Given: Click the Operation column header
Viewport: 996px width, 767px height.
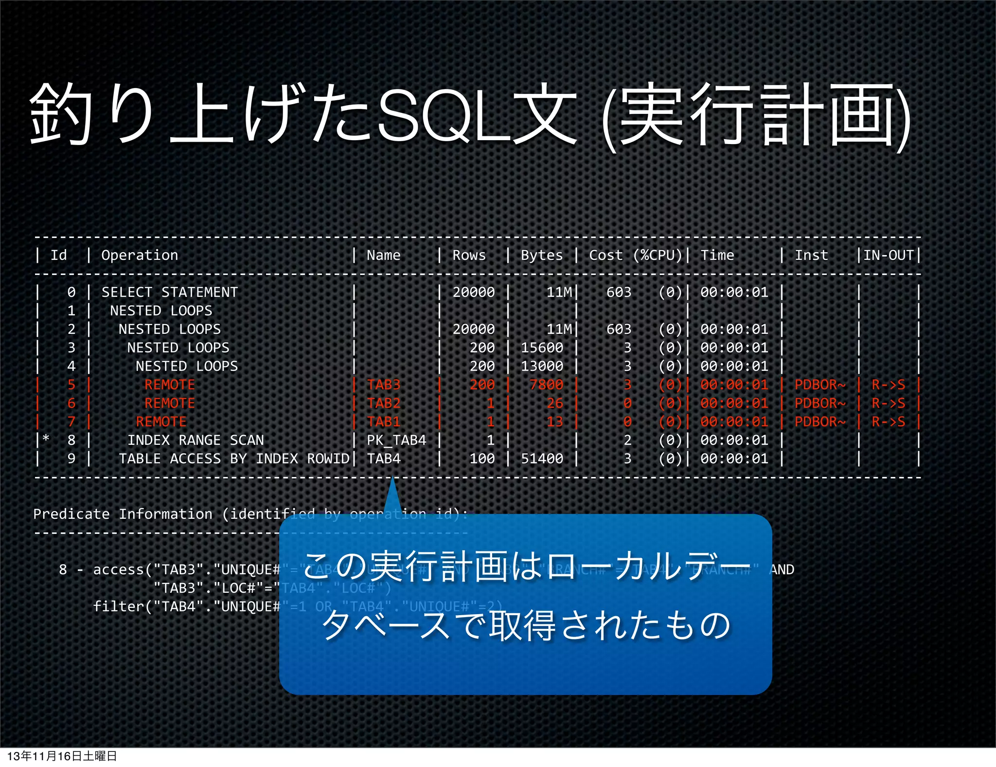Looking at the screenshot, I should click(140, 255).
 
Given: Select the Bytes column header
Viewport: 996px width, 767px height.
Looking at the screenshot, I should click(541, 255).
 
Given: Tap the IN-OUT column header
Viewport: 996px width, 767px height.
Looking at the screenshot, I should click(888, 255).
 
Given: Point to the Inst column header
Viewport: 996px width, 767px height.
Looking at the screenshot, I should click(811, 255).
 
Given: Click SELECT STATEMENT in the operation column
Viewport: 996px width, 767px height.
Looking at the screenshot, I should click(170, 292).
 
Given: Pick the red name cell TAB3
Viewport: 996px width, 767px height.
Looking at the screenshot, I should click(383, 384).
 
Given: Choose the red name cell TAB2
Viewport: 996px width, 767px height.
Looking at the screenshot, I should click(383, 403).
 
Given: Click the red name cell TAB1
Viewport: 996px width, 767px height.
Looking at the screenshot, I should click(383, 421).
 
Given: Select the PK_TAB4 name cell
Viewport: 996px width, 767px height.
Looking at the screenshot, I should click(396, 440).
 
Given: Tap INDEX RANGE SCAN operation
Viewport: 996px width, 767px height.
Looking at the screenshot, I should click(196, 440).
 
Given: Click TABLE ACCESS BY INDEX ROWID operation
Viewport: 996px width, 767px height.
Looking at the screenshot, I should click(234, 458).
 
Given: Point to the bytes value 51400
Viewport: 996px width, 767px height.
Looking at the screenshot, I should click(542, 458).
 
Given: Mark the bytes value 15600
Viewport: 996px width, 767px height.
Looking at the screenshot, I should click(542, 347).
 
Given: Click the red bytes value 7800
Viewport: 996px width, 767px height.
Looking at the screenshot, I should click(546, 384).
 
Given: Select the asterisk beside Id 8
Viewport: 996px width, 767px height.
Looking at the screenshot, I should click(46, 438).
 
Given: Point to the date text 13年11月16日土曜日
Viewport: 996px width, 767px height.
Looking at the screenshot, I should click(62, 756).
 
